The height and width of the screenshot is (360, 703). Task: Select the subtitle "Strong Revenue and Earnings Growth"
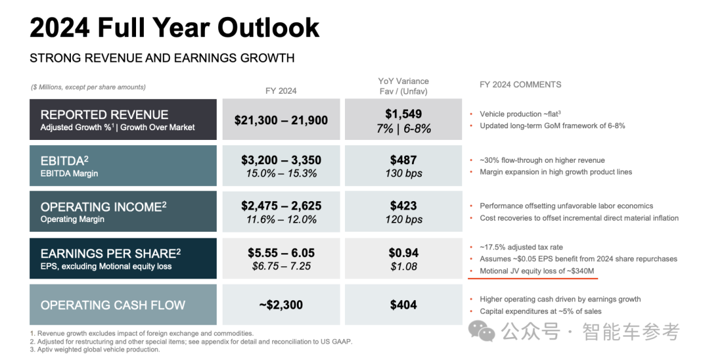pyautogui.click(x=162, y=58)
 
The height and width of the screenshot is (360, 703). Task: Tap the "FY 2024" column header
pyautogui.click(x=281, y=90)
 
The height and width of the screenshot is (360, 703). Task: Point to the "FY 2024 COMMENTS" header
pyautogui.click(x=520, y=85)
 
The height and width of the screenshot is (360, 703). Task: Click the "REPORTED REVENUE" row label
pyautogui.click(x=104, y=115)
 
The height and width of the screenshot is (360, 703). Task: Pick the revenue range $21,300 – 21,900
pyautogui.click(x=281, y=120)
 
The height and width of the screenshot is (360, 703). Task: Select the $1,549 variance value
pyautogui.click(x=403, y=114)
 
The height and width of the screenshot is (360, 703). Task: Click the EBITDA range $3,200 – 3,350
pyautogui.click(x=281, y=160)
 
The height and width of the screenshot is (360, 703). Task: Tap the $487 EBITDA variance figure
pyautogui.click(x=403, y=160)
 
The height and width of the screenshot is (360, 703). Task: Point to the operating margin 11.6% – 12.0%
pyautogui.click(x=281, y=219)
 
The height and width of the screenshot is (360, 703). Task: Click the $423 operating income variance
pyautogui.click(x=403, y=206)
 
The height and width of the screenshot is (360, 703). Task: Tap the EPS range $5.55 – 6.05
pyautogui.click(x=281, y=253)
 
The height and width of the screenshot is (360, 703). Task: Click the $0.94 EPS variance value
pyautogui.click(x=403, y=253)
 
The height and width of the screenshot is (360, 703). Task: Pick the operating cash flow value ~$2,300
pyautogui.click(x=281, y=305)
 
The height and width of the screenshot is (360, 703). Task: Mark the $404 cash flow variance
pyautogui.click(x=403, y=305)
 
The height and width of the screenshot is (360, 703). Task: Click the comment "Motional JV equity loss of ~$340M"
pyautogui.click(x=536, y=271)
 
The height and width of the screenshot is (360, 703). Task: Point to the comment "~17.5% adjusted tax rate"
pyautogui.click(x=521, y=247)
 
